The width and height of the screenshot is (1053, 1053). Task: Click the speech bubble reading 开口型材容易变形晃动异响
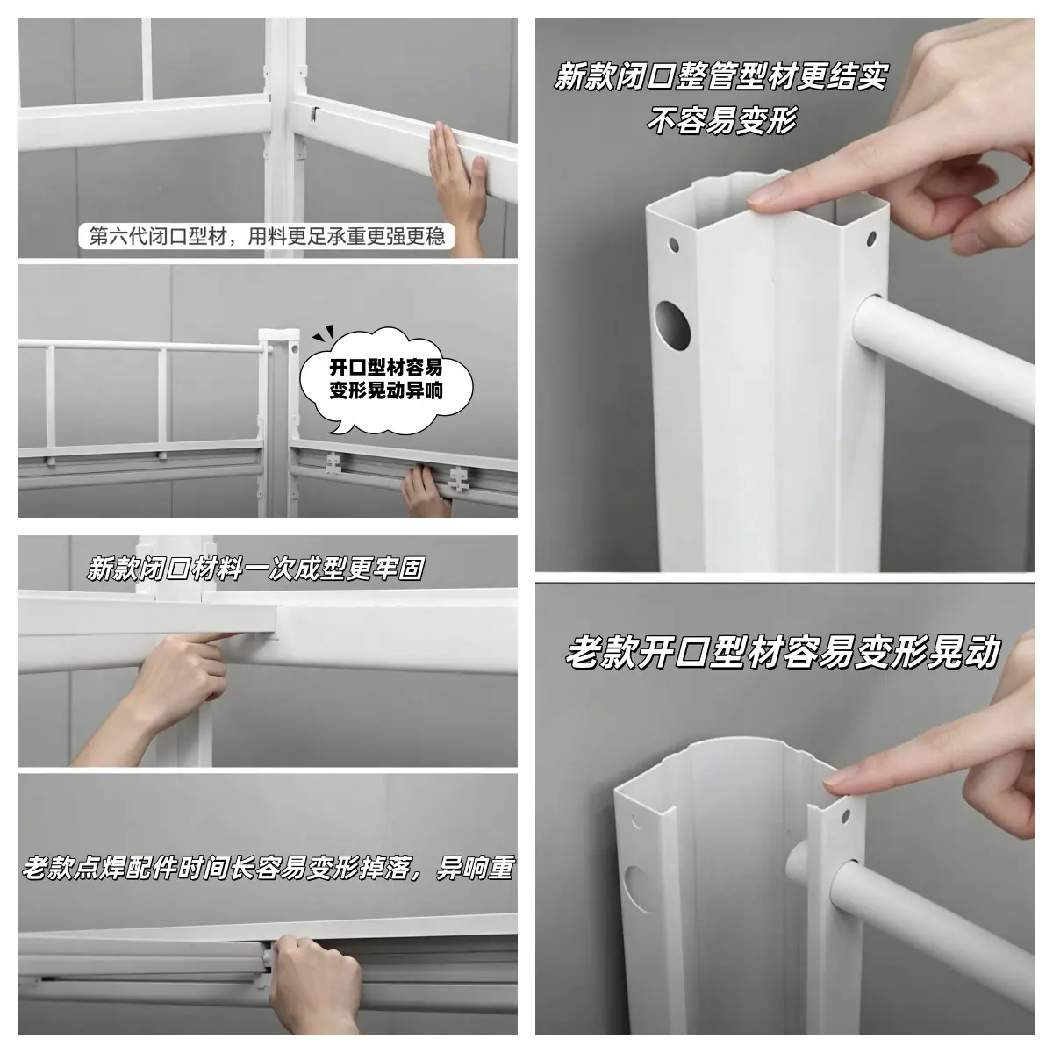tap(386, 380)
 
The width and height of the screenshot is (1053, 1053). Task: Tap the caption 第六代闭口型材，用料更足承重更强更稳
tap(267, 237)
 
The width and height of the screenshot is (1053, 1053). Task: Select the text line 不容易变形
tap(721, 120)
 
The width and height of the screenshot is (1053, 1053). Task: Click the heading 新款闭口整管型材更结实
tap(720, 76)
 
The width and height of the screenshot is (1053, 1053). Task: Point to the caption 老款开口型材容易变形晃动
tap(783, 651)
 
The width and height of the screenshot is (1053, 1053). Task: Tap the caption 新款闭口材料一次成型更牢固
tap(255, 569)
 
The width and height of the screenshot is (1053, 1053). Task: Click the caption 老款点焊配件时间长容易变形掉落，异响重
tap(268, 869)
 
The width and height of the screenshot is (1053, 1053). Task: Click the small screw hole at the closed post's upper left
tap(673, 244)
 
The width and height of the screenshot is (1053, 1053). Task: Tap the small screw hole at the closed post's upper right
tap(871, 238)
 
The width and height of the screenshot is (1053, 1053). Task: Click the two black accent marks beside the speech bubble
tap(322, 333)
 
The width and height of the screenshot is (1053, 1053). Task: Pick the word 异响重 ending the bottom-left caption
tap(475, 869)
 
